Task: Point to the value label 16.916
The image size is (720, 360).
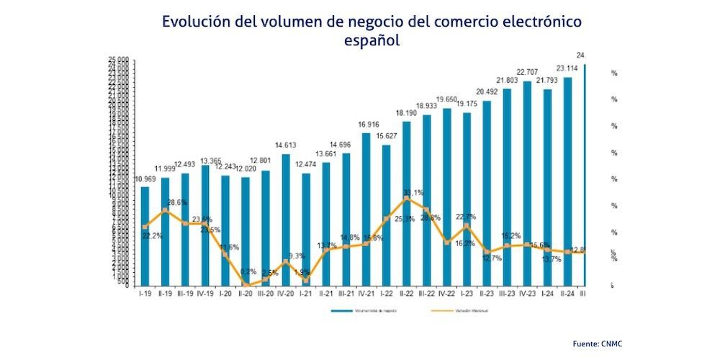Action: [x=366, y=125]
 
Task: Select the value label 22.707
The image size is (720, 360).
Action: [x=527, y=72]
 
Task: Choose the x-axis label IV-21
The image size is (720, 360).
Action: [x=366, y=294]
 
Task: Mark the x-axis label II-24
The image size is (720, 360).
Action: [x=567, y=294]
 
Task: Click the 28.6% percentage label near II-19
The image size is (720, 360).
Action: [x=177, y=203]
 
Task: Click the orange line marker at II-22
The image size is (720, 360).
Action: [x=407, y=198]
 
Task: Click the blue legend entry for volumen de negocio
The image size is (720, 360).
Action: [x=367, y=311]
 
